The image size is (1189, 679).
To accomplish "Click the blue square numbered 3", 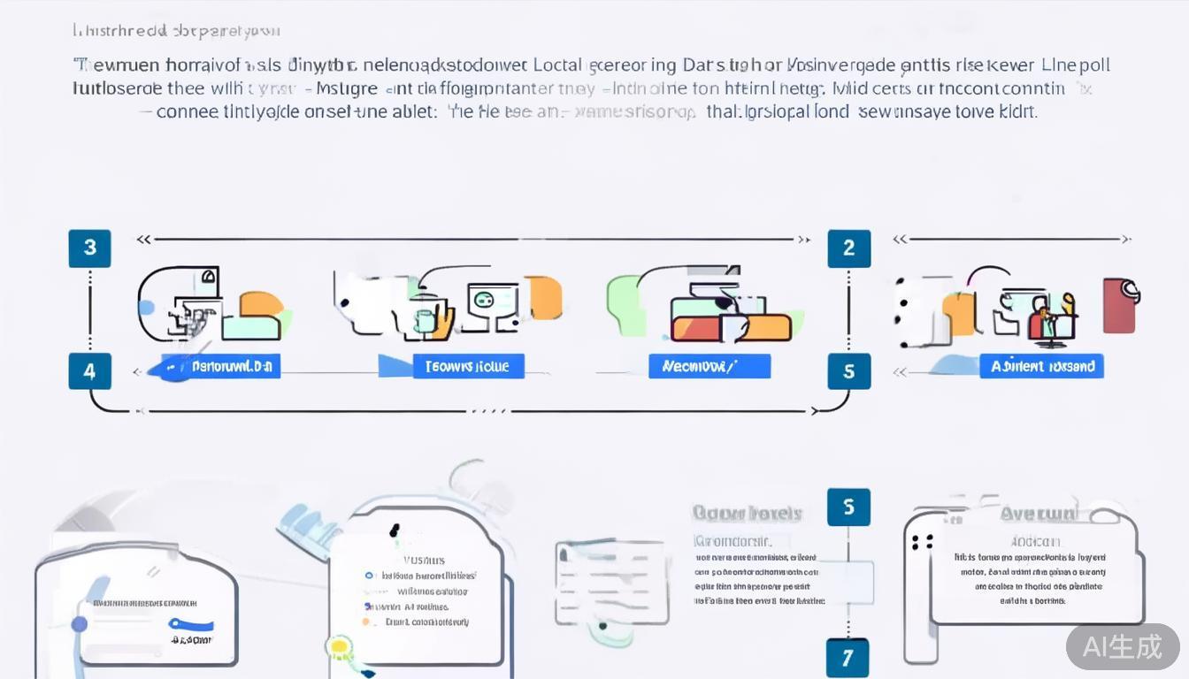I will [89, 248].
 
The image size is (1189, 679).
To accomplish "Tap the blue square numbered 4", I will [89, 371].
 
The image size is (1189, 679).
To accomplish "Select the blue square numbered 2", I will [848, 248].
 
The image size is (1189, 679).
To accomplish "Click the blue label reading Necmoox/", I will [710, 366].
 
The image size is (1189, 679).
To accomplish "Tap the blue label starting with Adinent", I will [1041, 366].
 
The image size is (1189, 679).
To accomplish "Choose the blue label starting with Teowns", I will [468, 366].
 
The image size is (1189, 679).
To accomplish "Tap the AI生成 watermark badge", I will [1123, 646].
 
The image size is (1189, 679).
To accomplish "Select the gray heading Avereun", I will [1039, 514].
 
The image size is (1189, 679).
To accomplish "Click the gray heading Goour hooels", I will [747, 513].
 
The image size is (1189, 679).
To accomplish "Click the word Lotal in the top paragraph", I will [558, 65].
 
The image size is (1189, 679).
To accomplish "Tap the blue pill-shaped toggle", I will [191, 624].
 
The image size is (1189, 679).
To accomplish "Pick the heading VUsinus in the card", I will [424, 560].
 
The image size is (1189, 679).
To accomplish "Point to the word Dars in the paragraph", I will [702, 65].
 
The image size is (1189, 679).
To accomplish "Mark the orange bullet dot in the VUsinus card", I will [366, 622].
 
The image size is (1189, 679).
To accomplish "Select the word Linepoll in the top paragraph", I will [1076, 65].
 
